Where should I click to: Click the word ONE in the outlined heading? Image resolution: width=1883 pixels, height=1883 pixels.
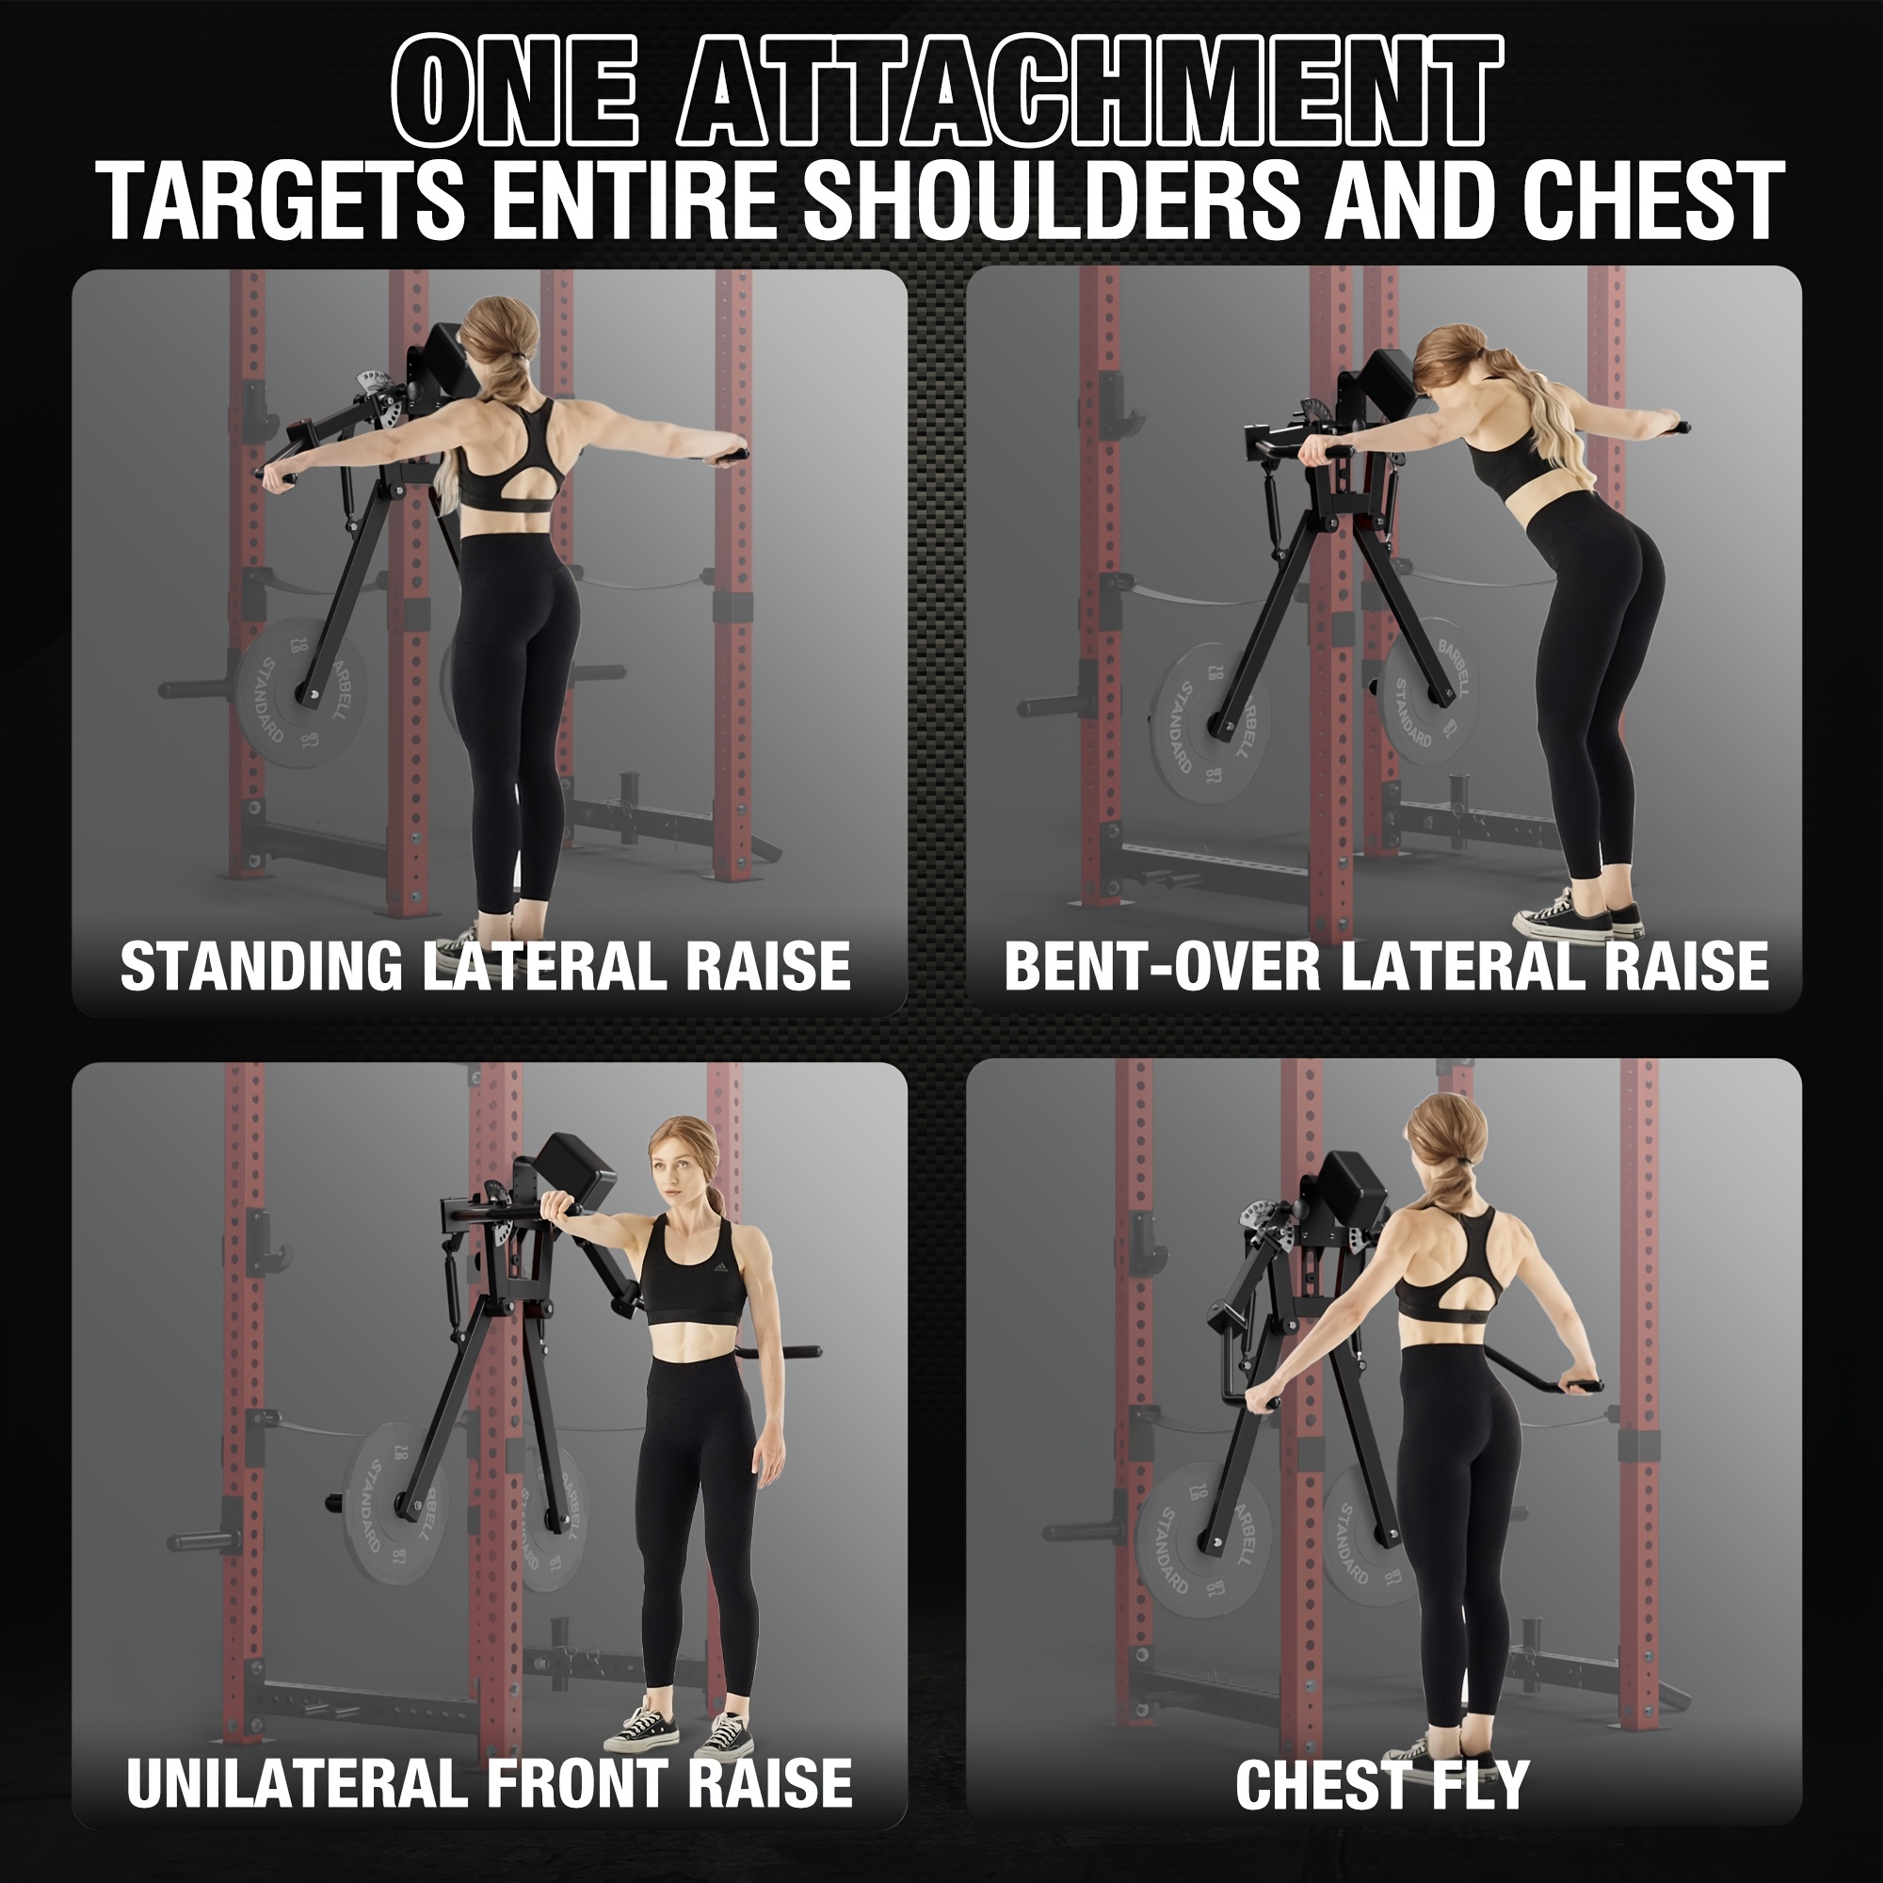515,90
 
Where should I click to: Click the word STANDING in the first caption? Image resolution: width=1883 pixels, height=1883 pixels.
261,966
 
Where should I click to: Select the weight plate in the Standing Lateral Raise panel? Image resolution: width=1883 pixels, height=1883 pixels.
289,691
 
